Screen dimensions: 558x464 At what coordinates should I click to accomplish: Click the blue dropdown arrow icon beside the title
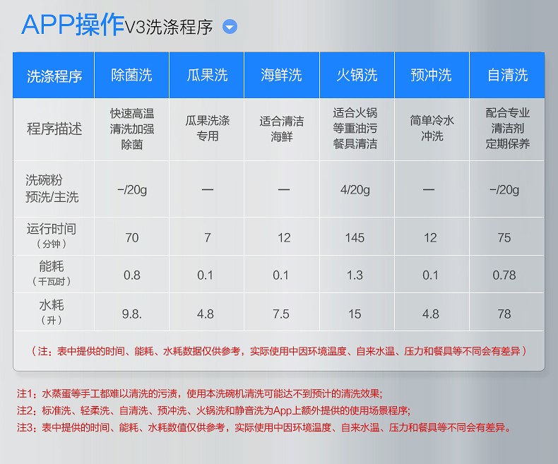coord(230,27)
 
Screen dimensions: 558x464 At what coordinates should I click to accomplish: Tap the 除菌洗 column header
coord(131,75)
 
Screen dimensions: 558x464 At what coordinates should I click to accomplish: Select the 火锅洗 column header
coord(357,75)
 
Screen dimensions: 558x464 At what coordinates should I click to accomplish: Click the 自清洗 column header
coord(507,75)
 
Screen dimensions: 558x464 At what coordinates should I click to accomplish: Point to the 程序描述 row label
coord(54,129)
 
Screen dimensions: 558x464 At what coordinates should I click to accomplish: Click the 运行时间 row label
coord(52,229)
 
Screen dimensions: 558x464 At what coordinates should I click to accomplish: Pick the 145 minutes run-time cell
coord(355,238)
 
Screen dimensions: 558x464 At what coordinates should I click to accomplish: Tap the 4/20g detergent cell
coord(355,190)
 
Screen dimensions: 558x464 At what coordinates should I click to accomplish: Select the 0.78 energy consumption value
coord(504,275)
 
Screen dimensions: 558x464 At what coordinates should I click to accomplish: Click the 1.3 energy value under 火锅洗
coord(355,275)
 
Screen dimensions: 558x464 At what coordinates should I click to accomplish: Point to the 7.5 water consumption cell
coord(281,314)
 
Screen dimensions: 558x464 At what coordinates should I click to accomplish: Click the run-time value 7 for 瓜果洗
coord(208,238)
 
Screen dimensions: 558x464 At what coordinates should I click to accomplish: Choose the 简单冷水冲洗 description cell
coord(432,128)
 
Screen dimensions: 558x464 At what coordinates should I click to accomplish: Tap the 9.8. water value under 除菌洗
coord(131,314)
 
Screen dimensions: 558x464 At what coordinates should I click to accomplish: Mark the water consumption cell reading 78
coord(504,314)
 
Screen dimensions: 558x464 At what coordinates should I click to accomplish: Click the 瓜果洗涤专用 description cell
coord(208,128)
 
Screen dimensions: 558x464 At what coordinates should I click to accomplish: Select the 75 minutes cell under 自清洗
coord(504,238)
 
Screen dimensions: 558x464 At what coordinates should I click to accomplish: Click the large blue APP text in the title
coord(48,25)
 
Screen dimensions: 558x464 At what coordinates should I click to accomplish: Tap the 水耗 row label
coord(52,305)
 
